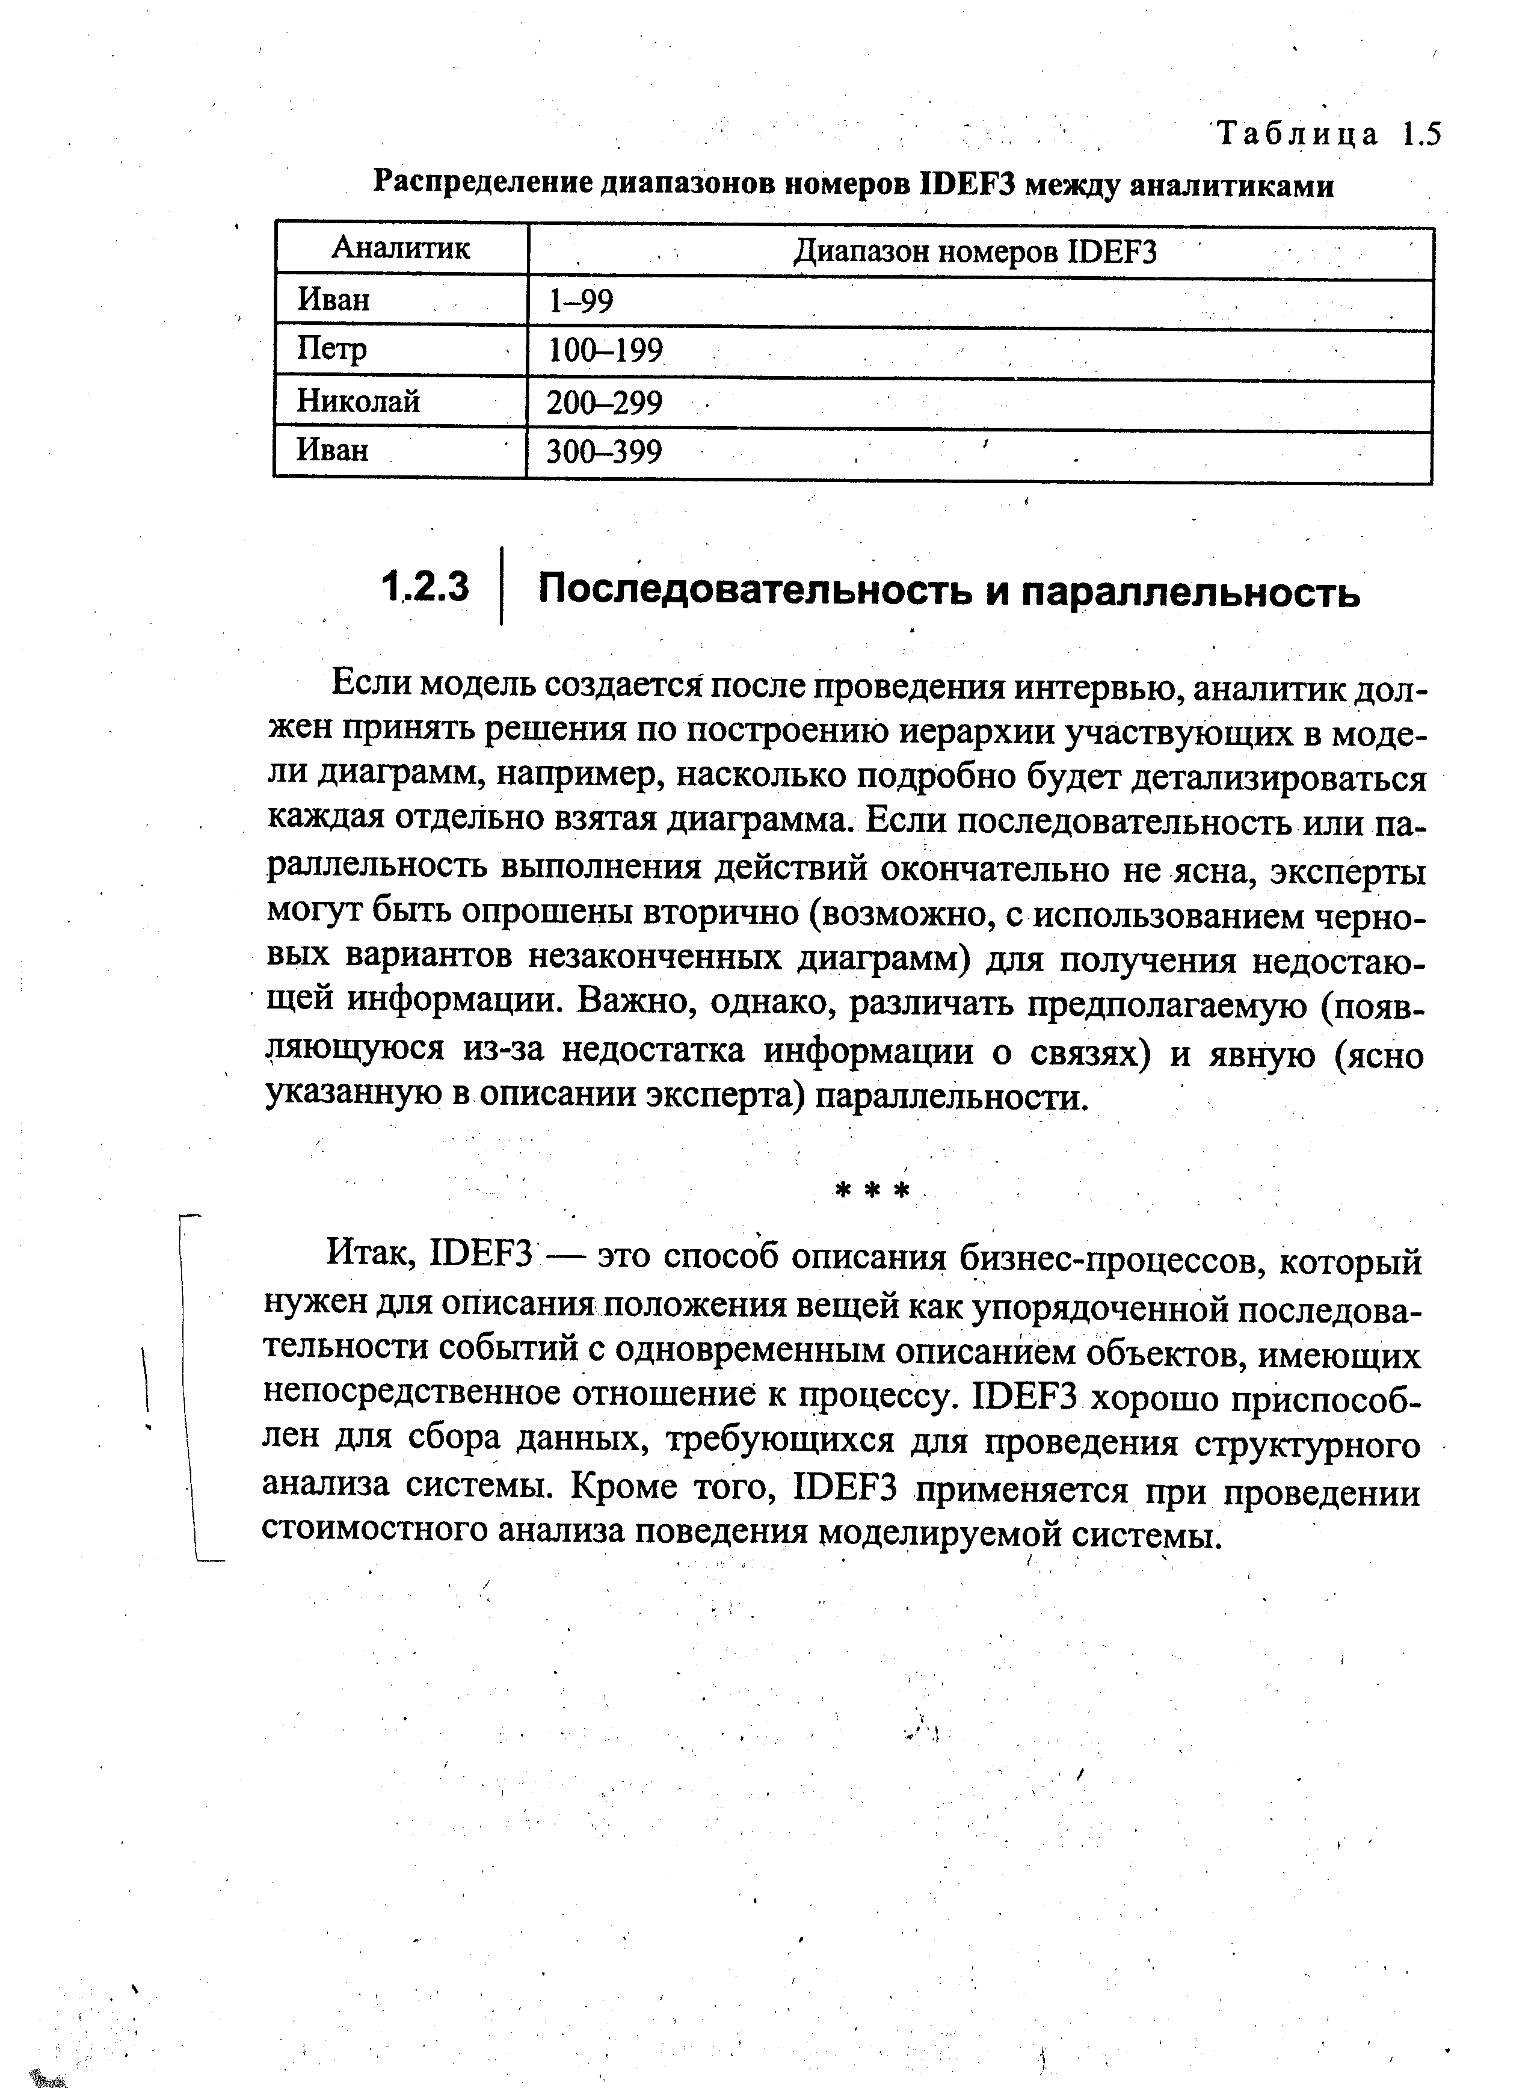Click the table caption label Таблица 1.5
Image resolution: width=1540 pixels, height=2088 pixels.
[x=1328, y=135]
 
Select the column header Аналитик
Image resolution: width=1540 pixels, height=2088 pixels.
[x=401, y=248]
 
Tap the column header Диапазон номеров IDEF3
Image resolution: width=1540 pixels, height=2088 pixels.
[x=974, y=252]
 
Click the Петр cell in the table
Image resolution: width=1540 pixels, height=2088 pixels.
[x=332, y=350]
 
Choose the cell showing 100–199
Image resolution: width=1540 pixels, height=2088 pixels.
[x=605, y=351]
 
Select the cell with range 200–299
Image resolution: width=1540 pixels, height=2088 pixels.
[x=604, y=403]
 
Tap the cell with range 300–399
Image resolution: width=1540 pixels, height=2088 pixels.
[x=603, y=453]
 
